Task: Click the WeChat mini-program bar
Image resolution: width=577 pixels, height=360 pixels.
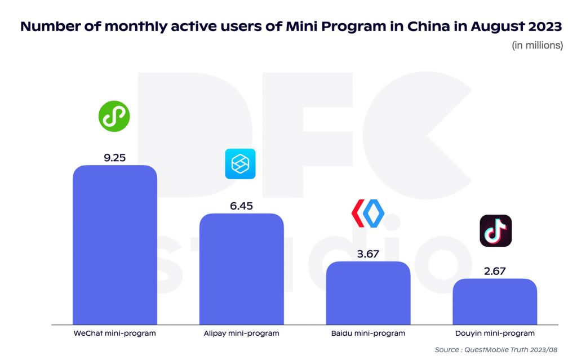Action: (x=115, y=245)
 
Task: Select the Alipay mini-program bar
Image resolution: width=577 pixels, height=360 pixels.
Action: (x=241, y=269)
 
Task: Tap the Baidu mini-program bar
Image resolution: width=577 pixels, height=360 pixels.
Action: (x=368, y=293)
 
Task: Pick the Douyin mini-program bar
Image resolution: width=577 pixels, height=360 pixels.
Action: (x=495, y=301)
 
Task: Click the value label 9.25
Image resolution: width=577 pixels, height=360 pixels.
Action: (x=114, y=158)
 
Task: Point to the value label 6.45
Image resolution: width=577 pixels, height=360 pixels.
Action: (x=241, y=206)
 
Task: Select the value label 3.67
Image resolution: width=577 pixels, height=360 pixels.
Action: (x=368, y=254)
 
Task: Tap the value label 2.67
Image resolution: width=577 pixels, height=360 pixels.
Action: (x=495, y=271)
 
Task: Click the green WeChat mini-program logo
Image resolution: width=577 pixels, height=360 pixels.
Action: (x=114, y=117)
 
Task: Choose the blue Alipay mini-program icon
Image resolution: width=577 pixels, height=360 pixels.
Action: (x=241, y=164)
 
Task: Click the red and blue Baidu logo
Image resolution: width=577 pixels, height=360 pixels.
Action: (x=368, y=213)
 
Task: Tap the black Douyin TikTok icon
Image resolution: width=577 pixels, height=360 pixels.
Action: (x=495, y=230)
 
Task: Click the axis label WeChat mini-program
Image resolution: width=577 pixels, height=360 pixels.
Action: (x=114, y=334)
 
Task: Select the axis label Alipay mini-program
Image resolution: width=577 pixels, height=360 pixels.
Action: (x=241, y=334)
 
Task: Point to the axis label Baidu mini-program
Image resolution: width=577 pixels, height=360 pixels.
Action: (x=368, y=334)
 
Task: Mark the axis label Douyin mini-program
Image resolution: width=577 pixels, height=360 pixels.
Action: (x=495, y=334)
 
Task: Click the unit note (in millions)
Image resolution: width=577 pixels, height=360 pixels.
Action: (x=537, y=46)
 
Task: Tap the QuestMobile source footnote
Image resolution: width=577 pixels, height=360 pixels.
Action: (x=499, y=350)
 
